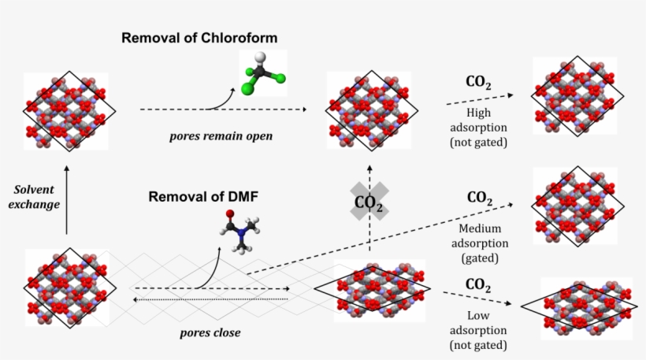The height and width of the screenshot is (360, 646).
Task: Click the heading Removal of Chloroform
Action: click(x=199, y=38)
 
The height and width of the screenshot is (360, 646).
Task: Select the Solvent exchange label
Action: click(x=38, y=196)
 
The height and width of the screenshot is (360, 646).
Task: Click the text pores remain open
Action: click(x=221, y=135)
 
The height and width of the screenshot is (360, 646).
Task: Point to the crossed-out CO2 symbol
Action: click(x=369, y=202)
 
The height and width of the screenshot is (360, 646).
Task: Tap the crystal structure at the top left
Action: click(x=67, y=111)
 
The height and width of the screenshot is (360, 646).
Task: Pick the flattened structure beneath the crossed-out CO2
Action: click(x=373, y=288)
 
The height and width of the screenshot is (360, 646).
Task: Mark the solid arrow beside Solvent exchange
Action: click(x=66, y=201)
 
